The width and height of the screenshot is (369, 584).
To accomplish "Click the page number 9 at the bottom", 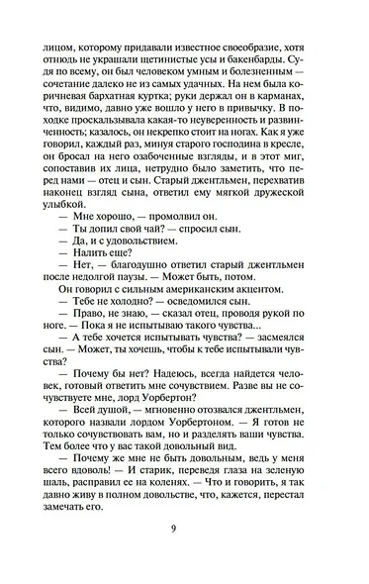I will point(185,553).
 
